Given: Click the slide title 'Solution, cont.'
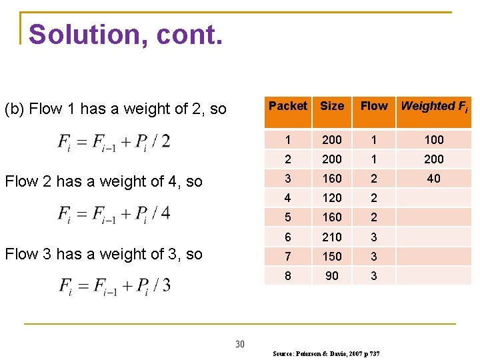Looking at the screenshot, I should coord(125,34).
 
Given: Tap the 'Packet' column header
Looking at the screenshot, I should coord(288,106).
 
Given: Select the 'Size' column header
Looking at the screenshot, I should coord(331,106).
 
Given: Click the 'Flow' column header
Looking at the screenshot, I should coord(374,106).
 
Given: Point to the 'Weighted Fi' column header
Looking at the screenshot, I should coord(433,107).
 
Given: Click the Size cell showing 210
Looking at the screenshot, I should coord(331,237).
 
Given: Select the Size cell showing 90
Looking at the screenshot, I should coord(331,275).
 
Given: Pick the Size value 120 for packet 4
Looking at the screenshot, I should coord(331,198).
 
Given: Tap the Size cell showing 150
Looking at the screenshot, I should coord(331,256).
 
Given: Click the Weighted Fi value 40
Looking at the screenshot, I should coord(433,179).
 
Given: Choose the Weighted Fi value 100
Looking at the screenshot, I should coord(433,140).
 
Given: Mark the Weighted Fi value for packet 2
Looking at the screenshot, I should coord(433,159).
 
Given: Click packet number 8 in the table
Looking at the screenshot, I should coord(288,275).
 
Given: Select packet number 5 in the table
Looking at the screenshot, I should coord(288,217).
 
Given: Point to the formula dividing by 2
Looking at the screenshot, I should coord(114,141).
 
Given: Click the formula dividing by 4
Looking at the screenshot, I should coord(114,213).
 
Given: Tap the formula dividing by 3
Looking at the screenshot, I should coord(114,285).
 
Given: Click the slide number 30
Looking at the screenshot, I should coord(240,344).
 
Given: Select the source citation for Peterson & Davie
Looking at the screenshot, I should coord(326,353).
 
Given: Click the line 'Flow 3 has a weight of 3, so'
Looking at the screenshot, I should coord(103,254).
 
